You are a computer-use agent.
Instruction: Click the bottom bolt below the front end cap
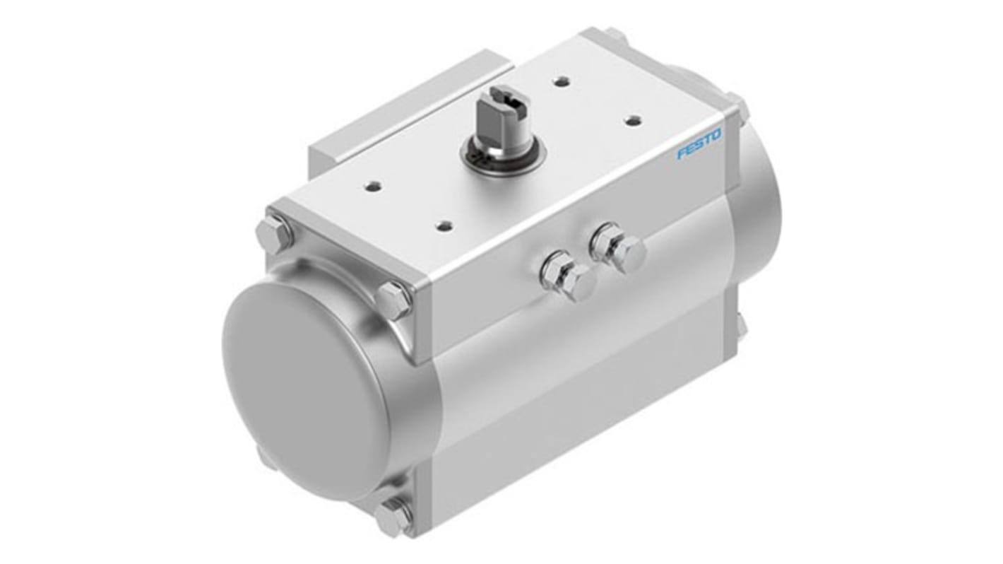[393, 517]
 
